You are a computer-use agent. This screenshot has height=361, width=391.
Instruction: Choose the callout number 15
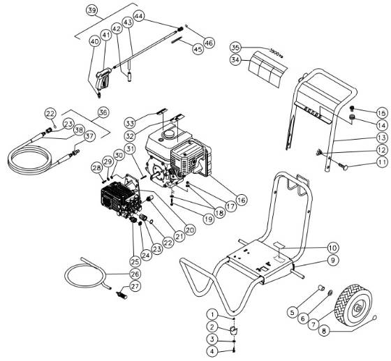381,112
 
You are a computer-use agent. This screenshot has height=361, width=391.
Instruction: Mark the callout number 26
135,274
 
